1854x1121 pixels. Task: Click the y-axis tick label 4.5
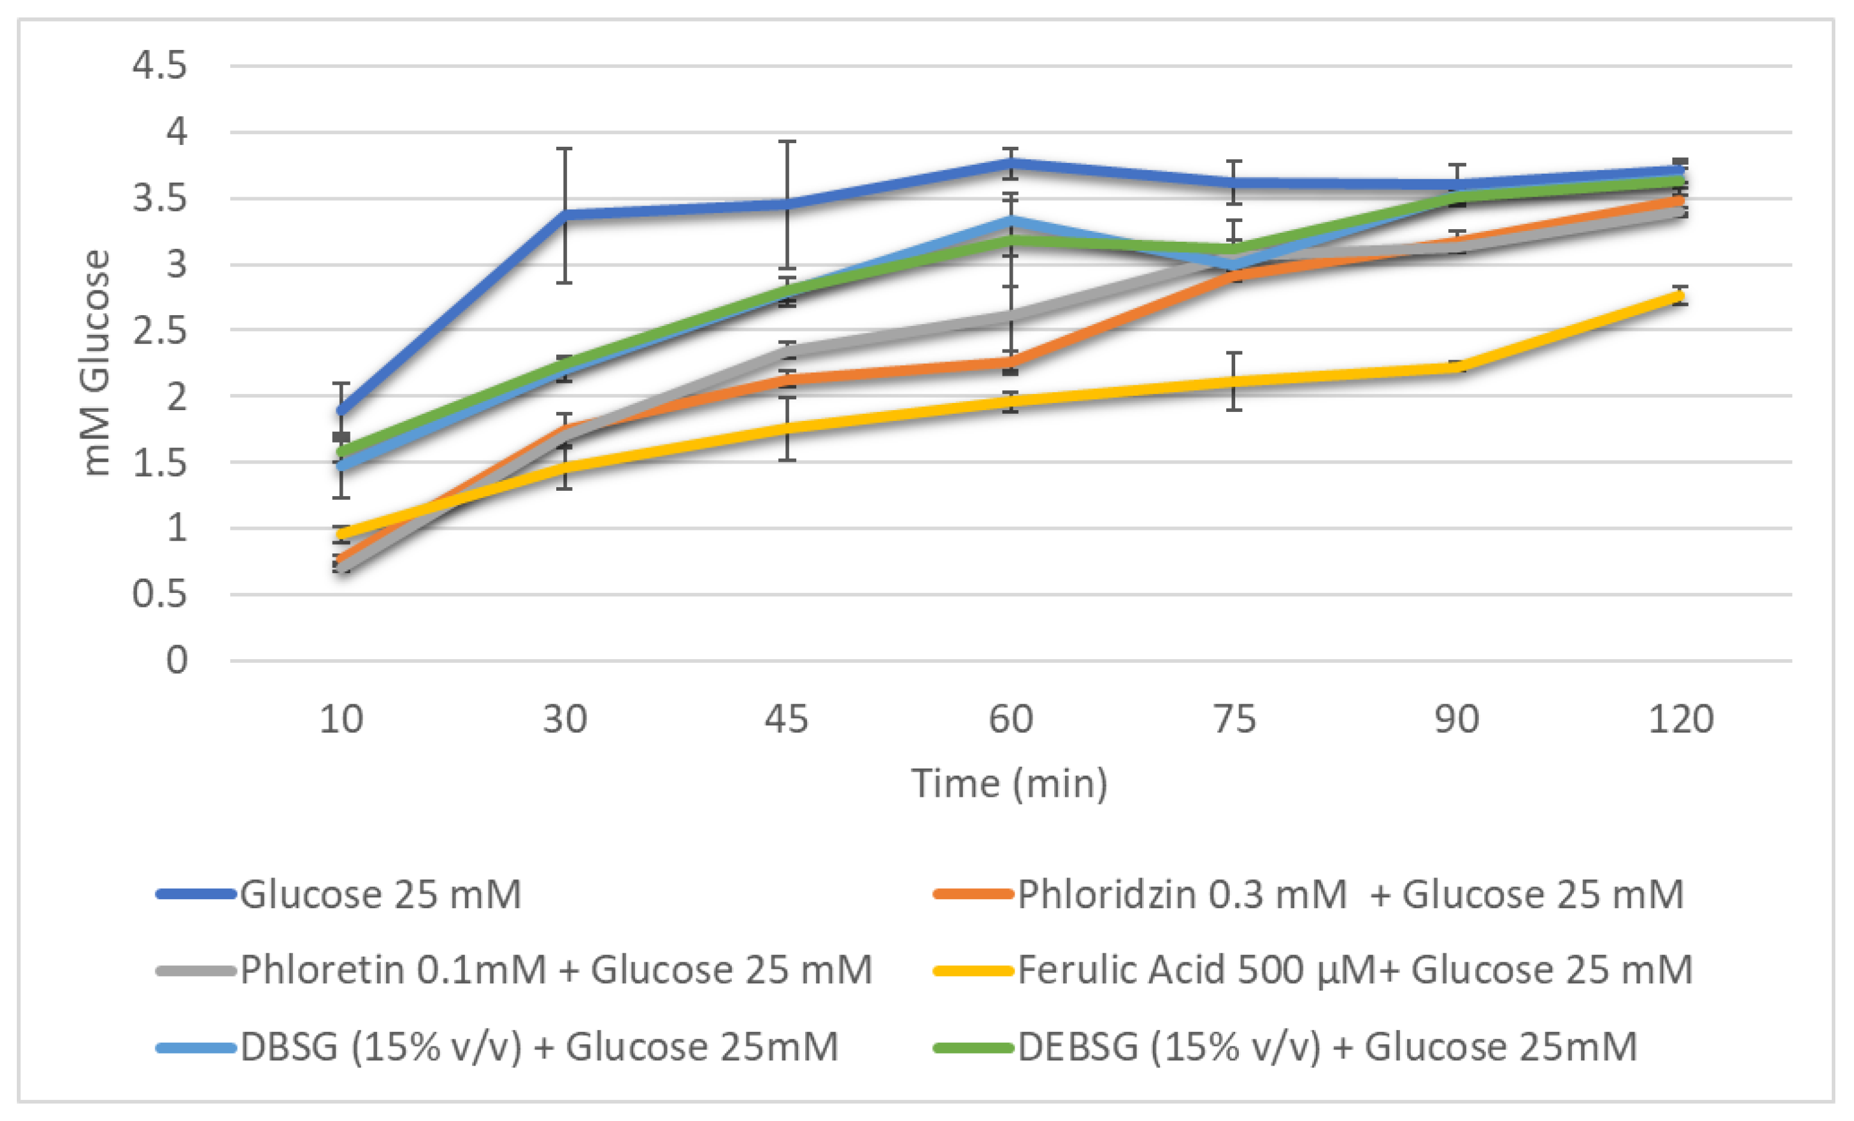(159, 66)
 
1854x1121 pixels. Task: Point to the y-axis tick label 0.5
(159, 594)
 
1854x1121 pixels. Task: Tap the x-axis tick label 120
(1680, 719)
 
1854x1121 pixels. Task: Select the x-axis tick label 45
(787, 719)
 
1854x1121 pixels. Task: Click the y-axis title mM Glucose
(96, 363)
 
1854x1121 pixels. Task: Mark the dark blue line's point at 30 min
(564, 215)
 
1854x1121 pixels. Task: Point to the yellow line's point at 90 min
(1458, 367)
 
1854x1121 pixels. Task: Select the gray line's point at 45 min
(787, 351)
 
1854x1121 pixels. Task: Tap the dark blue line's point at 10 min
(342, 411)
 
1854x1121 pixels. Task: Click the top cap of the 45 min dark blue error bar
(787, 141)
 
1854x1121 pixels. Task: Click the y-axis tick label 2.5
(159, 330)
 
